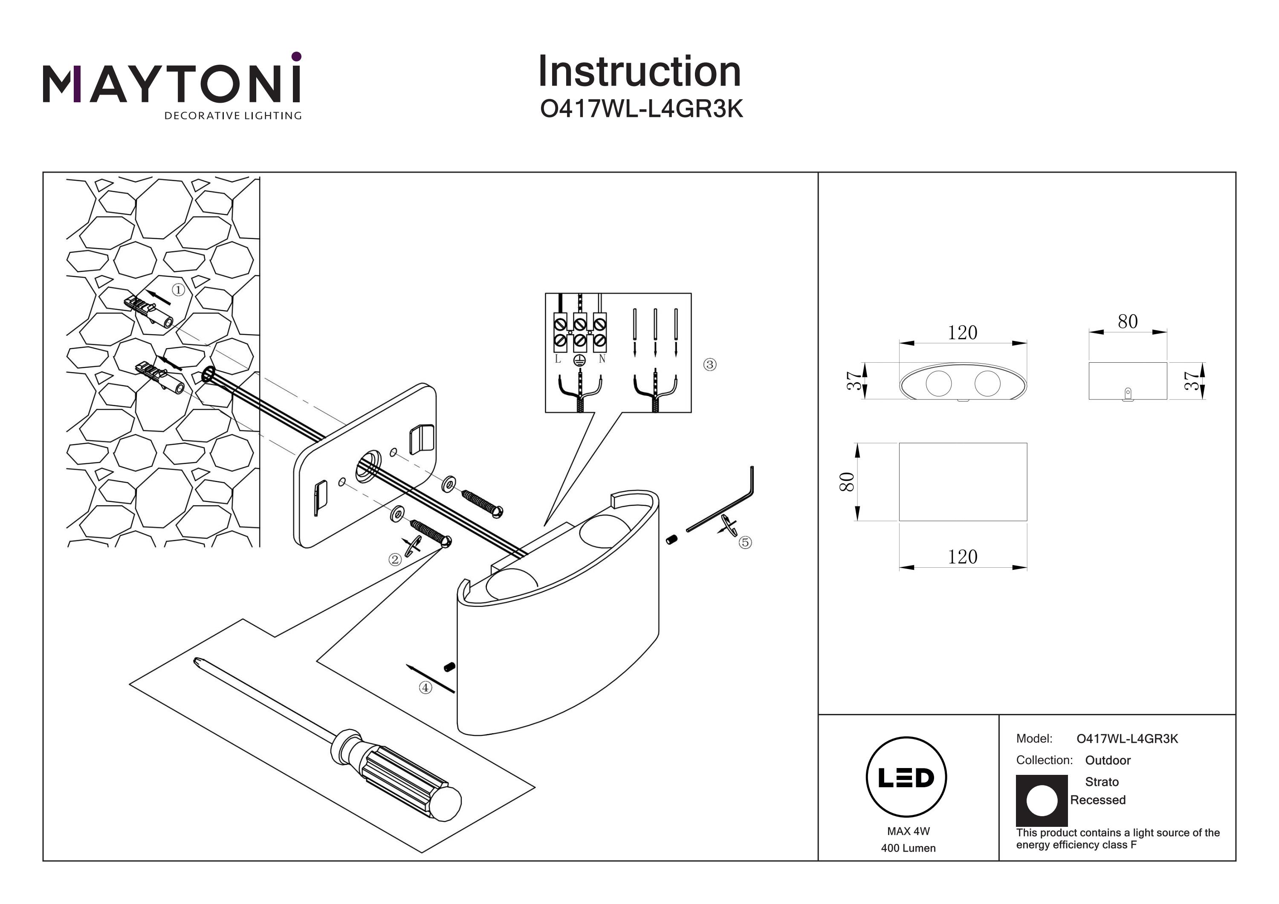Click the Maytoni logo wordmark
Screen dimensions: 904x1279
(x=171, y=84)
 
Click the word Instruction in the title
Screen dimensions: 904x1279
(x=639, y=72)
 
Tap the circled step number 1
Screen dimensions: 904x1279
(x=178, y=290)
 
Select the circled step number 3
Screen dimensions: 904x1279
(x=710, y=364)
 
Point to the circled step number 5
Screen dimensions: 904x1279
(x=745, y=542)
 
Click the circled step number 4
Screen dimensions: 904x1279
(x=425, y=687)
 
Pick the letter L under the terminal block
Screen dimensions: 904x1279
(x=558, y=360)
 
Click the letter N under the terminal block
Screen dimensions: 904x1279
(x=602, y=360)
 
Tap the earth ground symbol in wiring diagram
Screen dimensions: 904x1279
(x=579, y=361)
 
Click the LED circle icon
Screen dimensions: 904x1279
(x=906, y=777)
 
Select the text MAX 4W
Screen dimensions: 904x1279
(x=909, y=831)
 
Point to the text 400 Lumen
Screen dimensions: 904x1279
(x=908, y=848)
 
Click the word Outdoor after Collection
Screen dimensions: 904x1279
(x=1108, y=760)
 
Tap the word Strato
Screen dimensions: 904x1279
(x=1101, y=782)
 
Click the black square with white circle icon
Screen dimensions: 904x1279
(x=1041, y=800)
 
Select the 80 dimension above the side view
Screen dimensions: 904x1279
(x=1128, y=322)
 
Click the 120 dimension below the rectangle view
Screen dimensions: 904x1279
(x=963, y=557)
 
